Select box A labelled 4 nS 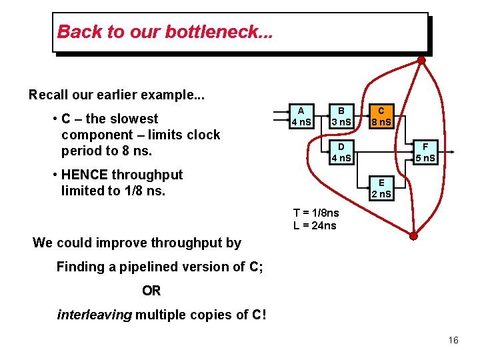pos(301,117)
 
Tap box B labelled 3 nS pos(341,117)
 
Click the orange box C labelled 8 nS pos(381,117)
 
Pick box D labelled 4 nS pos(341,153)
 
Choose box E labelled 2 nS pos(381,189)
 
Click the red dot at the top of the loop pos(421,60)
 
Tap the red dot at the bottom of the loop pos(413,236)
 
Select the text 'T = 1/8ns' pos(316,213)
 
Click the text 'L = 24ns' pos(315,225)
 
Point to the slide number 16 pos(453,341)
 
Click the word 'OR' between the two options pos(151,291)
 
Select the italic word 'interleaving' pos(94,315)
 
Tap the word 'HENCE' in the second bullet pos(84,175)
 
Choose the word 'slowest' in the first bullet pos(134,119)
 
